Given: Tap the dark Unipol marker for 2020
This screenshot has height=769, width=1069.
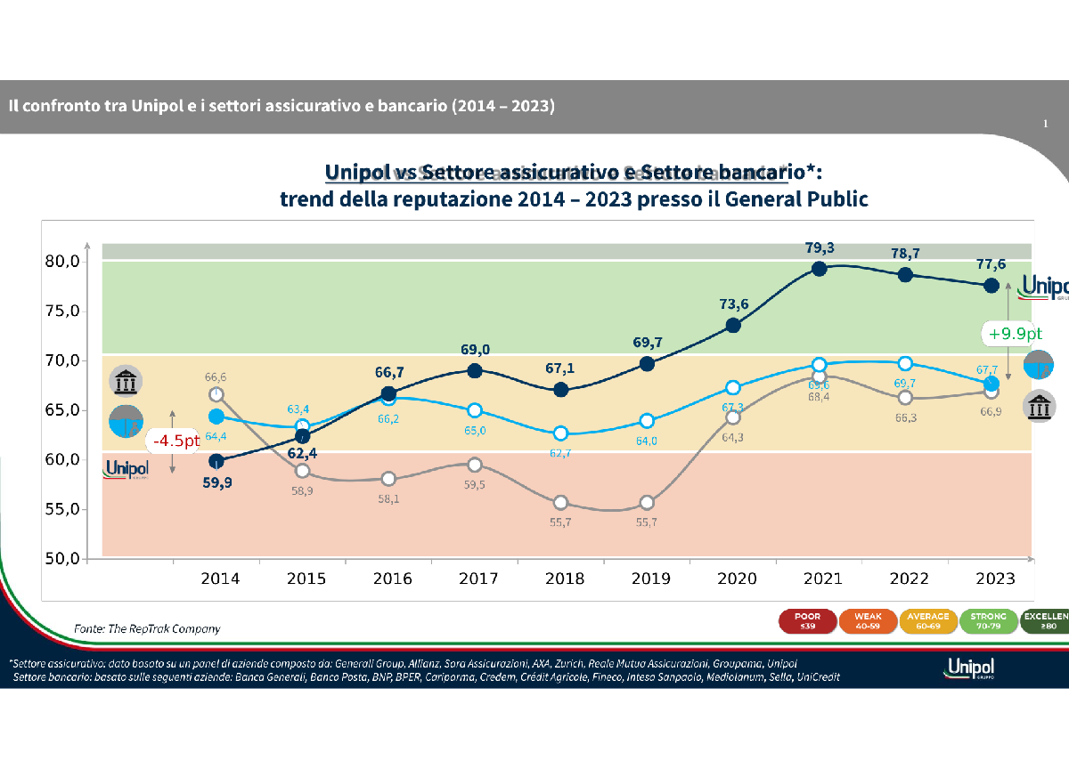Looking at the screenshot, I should pos(733,326).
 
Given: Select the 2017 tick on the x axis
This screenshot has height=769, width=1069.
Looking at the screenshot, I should pos(478,579).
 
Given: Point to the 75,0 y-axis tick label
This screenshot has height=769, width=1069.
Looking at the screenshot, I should pos(61,311).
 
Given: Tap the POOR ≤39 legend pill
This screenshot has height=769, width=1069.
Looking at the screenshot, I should pos(806,620).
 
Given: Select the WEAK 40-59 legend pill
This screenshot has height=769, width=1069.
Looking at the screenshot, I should pos(869,620).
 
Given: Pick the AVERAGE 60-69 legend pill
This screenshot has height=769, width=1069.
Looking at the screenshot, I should pos(930,620).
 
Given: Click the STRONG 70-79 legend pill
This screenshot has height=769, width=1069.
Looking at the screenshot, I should pos(990,620).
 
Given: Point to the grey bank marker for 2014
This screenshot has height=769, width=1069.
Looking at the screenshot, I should pos(216,394).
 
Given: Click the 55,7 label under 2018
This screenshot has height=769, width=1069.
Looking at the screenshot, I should pos(560,522).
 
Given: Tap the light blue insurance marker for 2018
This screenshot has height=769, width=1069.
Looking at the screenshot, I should pos(560,433).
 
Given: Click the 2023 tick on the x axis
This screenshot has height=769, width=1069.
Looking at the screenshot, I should pos(994,579).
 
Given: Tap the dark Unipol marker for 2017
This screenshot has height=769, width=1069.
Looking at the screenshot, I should pos(475,370).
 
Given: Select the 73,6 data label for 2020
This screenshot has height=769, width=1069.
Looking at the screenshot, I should pos(733,304).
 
